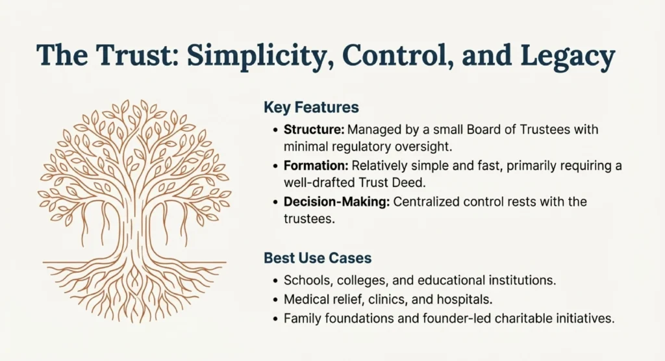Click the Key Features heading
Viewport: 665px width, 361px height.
tap(311, 107)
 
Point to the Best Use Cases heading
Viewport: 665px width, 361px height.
tap(318, 258)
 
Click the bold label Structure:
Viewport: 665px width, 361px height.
tap(314, 129)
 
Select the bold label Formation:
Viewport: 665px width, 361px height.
tap(316, 166)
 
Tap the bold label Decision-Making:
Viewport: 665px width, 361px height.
tap(337, 202)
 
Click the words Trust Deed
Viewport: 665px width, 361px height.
tap(392, 182)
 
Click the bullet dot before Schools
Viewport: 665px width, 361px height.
tap(275, 281)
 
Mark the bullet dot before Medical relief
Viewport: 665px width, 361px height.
tap(275, 300)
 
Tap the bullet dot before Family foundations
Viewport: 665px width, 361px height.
tap(275, 319)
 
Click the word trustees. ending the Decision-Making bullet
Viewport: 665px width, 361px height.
tap(309, 219)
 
